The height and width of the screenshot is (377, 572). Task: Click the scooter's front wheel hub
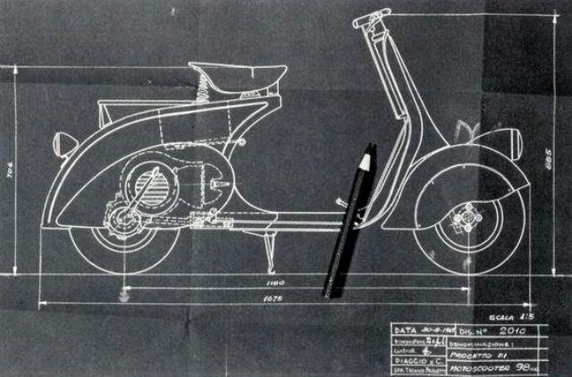click(466, 218)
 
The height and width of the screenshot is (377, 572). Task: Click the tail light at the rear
click(64, 143)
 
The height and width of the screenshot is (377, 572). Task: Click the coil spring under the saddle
click(203, 86)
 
